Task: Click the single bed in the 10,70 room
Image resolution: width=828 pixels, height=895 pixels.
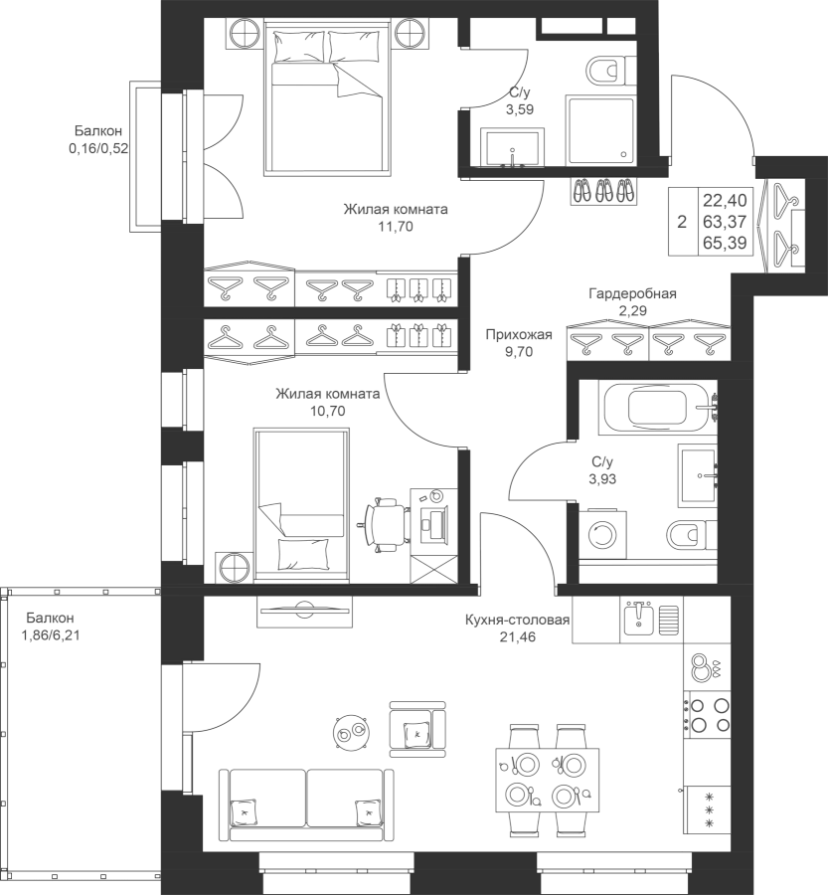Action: [301, 503]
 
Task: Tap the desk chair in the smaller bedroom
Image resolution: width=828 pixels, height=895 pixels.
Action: [383, 521]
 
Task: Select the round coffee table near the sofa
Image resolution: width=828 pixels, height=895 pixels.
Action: [349, 734]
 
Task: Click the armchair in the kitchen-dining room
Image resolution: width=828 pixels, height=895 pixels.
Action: [415, 729]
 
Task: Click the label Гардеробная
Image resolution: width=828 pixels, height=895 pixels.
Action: [632, 294]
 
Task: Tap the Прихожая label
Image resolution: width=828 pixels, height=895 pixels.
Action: [518, 335]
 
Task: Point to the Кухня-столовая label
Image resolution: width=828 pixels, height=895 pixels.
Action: [516, 621]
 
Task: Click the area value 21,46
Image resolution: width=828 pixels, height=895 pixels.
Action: [517, 637]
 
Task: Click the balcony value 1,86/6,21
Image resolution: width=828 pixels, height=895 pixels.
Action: [50, 631]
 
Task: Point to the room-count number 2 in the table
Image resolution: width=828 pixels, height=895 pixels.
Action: [681, 223]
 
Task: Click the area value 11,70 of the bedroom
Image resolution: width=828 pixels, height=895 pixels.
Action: [395, 227]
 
